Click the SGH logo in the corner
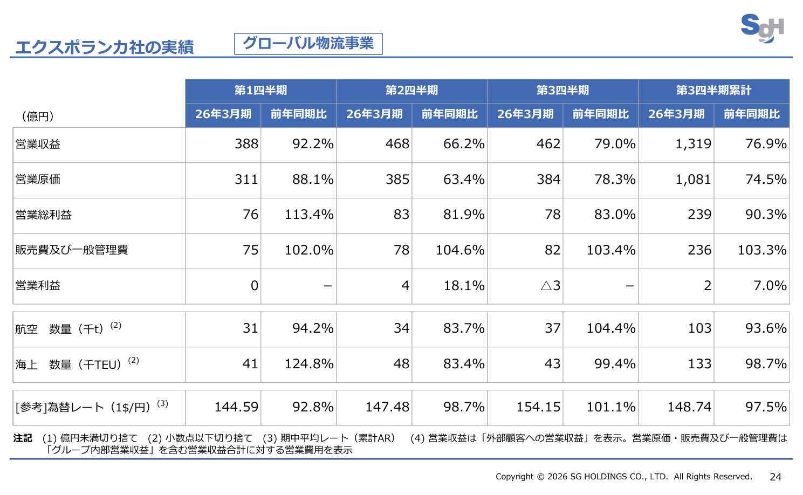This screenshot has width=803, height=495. click(761, 27)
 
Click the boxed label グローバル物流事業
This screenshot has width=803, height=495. click(308, 44)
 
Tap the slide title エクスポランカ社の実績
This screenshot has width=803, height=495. click(104, 47)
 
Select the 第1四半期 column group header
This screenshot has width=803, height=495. click(260, 91)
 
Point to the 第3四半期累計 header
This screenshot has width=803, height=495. click(713, 91)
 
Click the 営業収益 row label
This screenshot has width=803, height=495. click(38, 145)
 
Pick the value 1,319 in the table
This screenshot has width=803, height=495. click(693, 144)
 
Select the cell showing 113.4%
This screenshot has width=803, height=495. click(309, 215)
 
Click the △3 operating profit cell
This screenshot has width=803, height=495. click(551, 286)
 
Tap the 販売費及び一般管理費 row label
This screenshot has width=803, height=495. click(72, 250)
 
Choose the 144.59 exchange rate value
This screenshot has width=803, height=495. click(236, 407)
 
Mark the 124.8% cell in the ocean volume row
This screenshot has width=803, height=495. click(309, 364)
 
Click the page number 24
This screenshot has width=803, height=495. click(775, 477)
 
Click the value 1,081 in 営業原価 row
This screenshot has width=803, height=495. click(693, 180)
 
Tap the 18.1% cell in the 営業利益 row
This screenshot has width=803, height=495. click(464, 286)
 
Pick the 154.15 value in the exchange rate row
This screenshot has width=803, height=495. click(538, 407)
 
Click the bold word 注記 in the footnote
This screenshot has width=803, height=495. click(23, 438)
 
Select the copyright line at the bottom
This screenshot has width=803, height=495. click(623, 477)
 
